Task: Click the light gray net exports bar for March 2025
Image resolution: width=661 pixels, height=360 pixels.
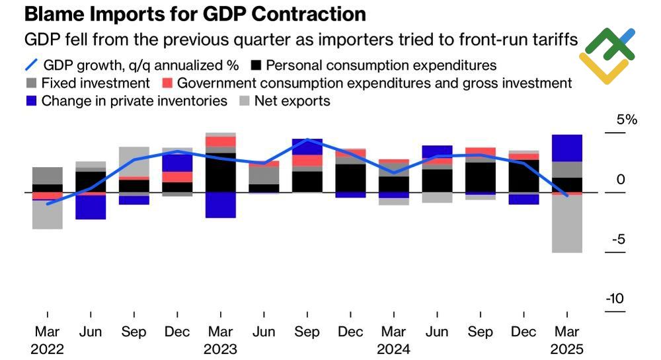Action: pyautogui.click(x=567, y=224)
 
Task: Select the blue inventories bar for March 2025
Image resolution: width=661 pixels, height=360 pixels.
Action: pyautogui.click(x=567, y=148)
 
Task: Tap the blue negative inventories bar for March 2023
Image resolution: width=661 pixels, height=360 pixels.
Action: pyautogui.click(x=220, y=205)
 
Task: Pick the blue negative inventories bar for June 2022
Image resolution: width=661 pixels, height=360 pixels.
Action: pyautogui.click(x=91, y=207)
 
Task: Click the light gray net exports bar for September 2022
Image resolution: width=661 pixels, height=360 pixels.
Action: pyautogui.click(x=134, y=161)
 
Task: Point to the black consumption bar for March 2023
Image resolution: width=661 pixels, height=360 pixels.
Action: pyautogui.click(x=220, y=172)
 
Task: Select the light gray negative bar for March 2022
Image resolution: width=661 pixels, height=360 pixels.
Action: pyautogui.click(x=48, y=214)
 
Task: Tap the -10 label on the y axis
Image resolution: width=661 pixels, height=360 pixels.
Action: pyautogui.click(x=614, y=299)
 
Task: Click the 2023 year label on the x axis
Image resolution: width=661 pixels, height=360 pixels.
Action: pyautogui.click(x=220, y=349)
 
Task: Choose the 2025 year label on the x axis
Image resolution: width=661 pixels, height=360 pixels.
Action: pyautogui.click(x=567, y=349)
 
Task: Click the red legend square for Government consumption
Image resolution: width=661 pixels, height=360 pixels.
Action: pyautogui.click(x=167, y=84)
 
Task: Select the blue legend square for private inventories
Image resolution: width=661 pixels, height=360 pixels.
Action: pyautogui.click(x=30, y=101)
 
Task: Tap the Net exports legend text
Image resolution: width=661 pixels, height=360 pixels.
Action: pyautogui.click(x=292, y=101)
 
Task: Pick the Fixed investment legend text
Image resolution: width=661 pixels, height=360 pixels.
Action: pyautogui.click(x=96, y=84)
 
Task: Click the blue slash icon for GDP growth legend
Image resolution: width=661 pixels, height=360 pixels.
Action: pyautogui.click(x=30, y=65)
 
